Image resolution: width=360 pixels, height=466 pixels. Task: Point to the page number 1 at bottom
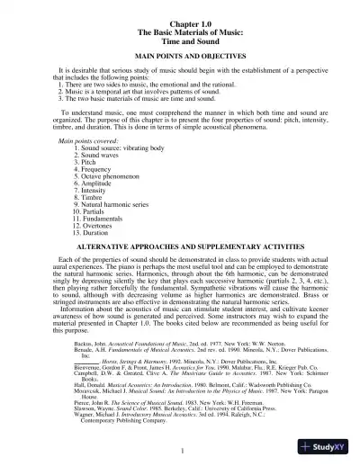pyautogui.click(x=181, y=449)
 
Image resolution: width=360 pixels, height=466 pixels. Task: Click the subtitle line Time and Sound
pyautogui.click(x=181, y=36)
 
